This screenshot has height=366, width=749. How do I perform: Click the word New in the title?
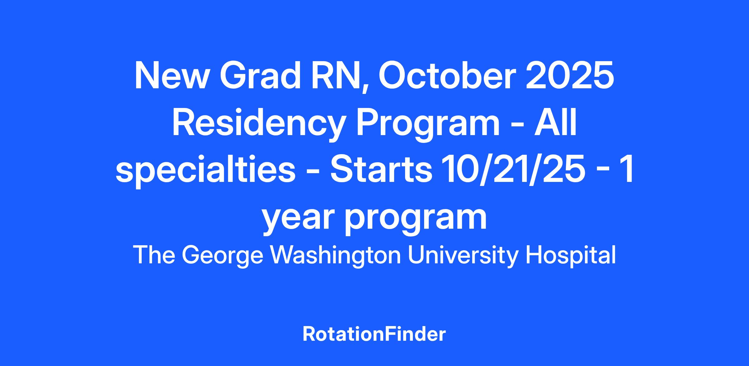[171, 76]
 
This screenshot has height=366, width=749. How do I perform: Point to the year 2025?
[570, 76]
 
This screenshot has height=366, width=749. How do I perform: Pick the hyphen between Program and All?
[517, 126]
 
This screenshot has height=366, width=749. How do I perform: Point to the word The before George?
[154, 255]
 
